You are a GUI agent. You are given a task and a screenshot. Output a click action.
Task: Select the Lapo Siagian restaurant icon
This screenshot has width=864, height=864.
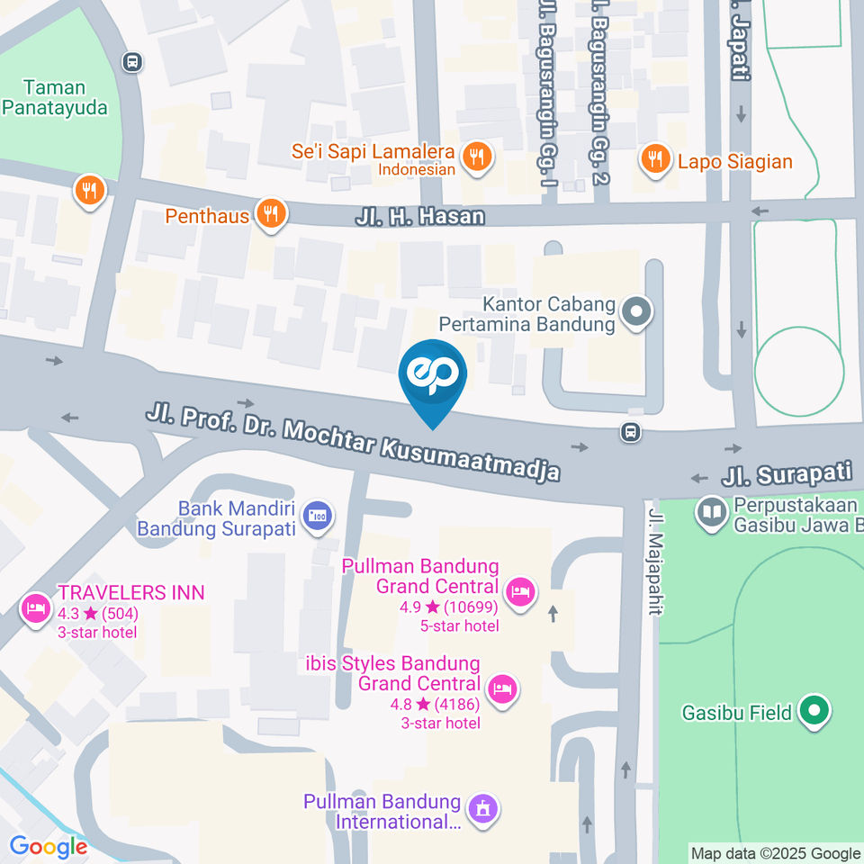654,160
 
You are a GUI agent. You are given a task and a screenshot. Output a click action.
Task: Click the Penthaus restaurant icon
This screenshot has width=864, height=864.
270,214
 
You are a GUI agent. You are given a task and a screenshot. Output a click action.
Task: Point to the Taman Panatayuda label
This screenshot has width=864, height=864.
55,98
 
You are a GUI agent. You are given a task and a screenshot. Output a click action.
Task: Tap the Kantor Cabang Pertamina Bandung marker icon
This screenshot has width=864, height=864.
637,313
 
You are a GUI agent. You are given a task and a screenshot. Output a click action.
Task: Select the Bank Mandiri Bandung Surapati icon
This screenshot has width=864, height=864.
317,517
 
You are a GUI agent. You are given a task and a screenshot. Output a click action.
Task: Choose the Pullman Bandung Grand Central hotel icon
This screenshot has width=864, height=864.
519,591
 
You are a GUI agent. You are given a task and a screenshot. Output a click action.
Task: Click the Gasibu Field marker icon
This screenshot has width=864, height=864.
815,712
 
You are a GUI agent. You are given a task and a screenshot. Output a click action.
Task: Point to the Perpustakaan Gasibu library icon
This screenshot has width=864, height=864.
712,512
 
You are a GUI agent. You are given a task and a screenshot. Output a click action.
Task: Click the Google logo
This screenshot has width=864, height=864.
48,846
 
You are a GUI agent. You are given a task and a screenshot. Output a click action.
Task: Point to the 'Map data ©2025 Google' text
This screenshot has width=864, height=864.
775,853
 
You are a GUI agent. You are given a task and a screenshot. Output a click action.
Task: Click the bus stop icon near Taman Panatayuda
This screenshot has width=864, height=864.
132,62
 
